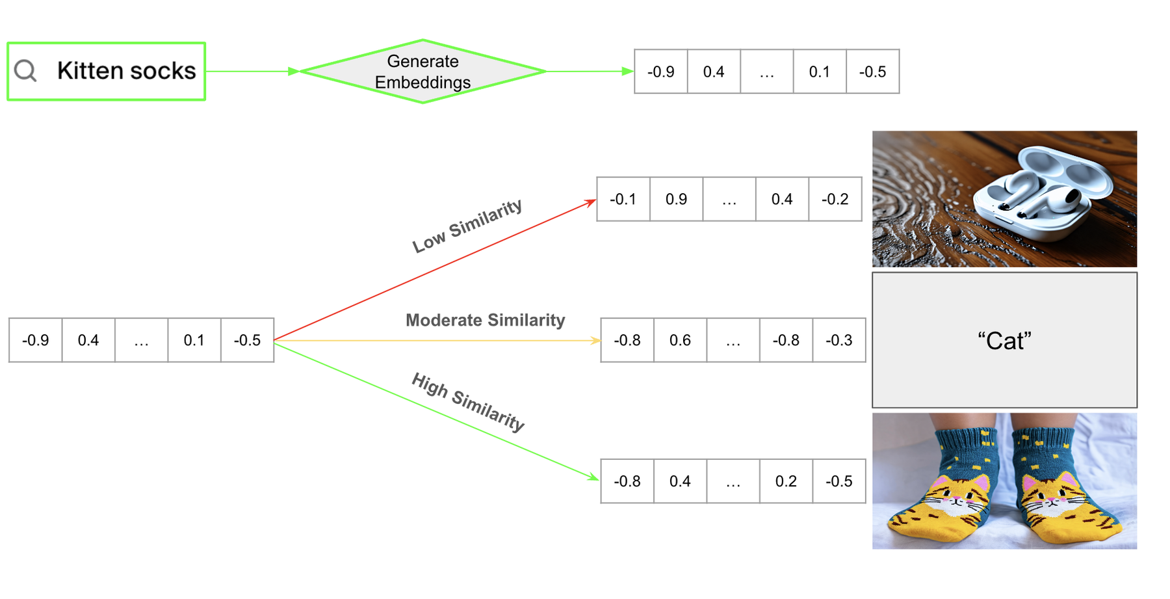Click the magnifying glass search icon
(x=26, y=71)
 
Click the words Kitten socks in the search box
(x=126, y=71)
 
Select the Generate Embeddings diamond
(x=422, y=72)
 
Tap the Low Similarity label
(x=467, y=225)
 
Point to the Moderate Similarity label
(x=485, y=320)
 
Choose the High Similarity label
(x=468, y=402)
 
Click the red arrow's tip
(x=595, y=200)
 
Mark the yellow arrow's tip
(x=599, y=340)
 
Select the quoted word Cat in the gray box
(x=1004, y=341)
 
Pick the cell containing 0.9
(x=676, y=199)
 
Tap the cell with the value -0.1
(x=623, y=199)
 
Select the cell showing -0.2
(x=835, y=199)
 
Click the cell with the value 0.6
(x=680, y=340)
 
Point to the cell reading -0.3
(x=838, y=340)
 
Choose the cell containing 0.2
(x=786, y=481)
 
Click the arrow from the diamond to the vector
(x=588, y=72)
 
